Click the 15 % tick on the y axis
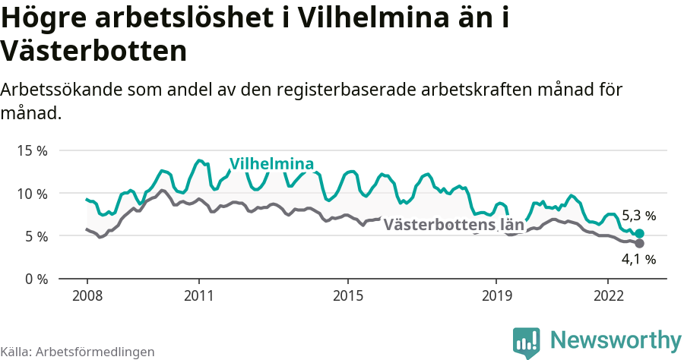tap(31, 150)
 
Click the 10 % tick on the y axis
tap(31, 193)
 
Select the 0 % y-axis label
tap(34, 279)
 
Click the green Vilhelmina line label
tap(271, 164)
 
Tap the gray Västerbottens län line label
tap(454, 225)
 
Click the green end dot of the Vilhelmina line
tap(639, 234)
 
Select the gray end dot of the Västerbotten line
tap(639, 243)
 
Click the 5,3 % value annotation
tap(638, 216)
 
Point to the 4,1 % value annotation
tap(638, 260)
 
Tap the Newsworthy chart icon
tap(527, 342)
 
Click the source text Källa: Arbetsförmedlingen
tap(78, 352)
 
